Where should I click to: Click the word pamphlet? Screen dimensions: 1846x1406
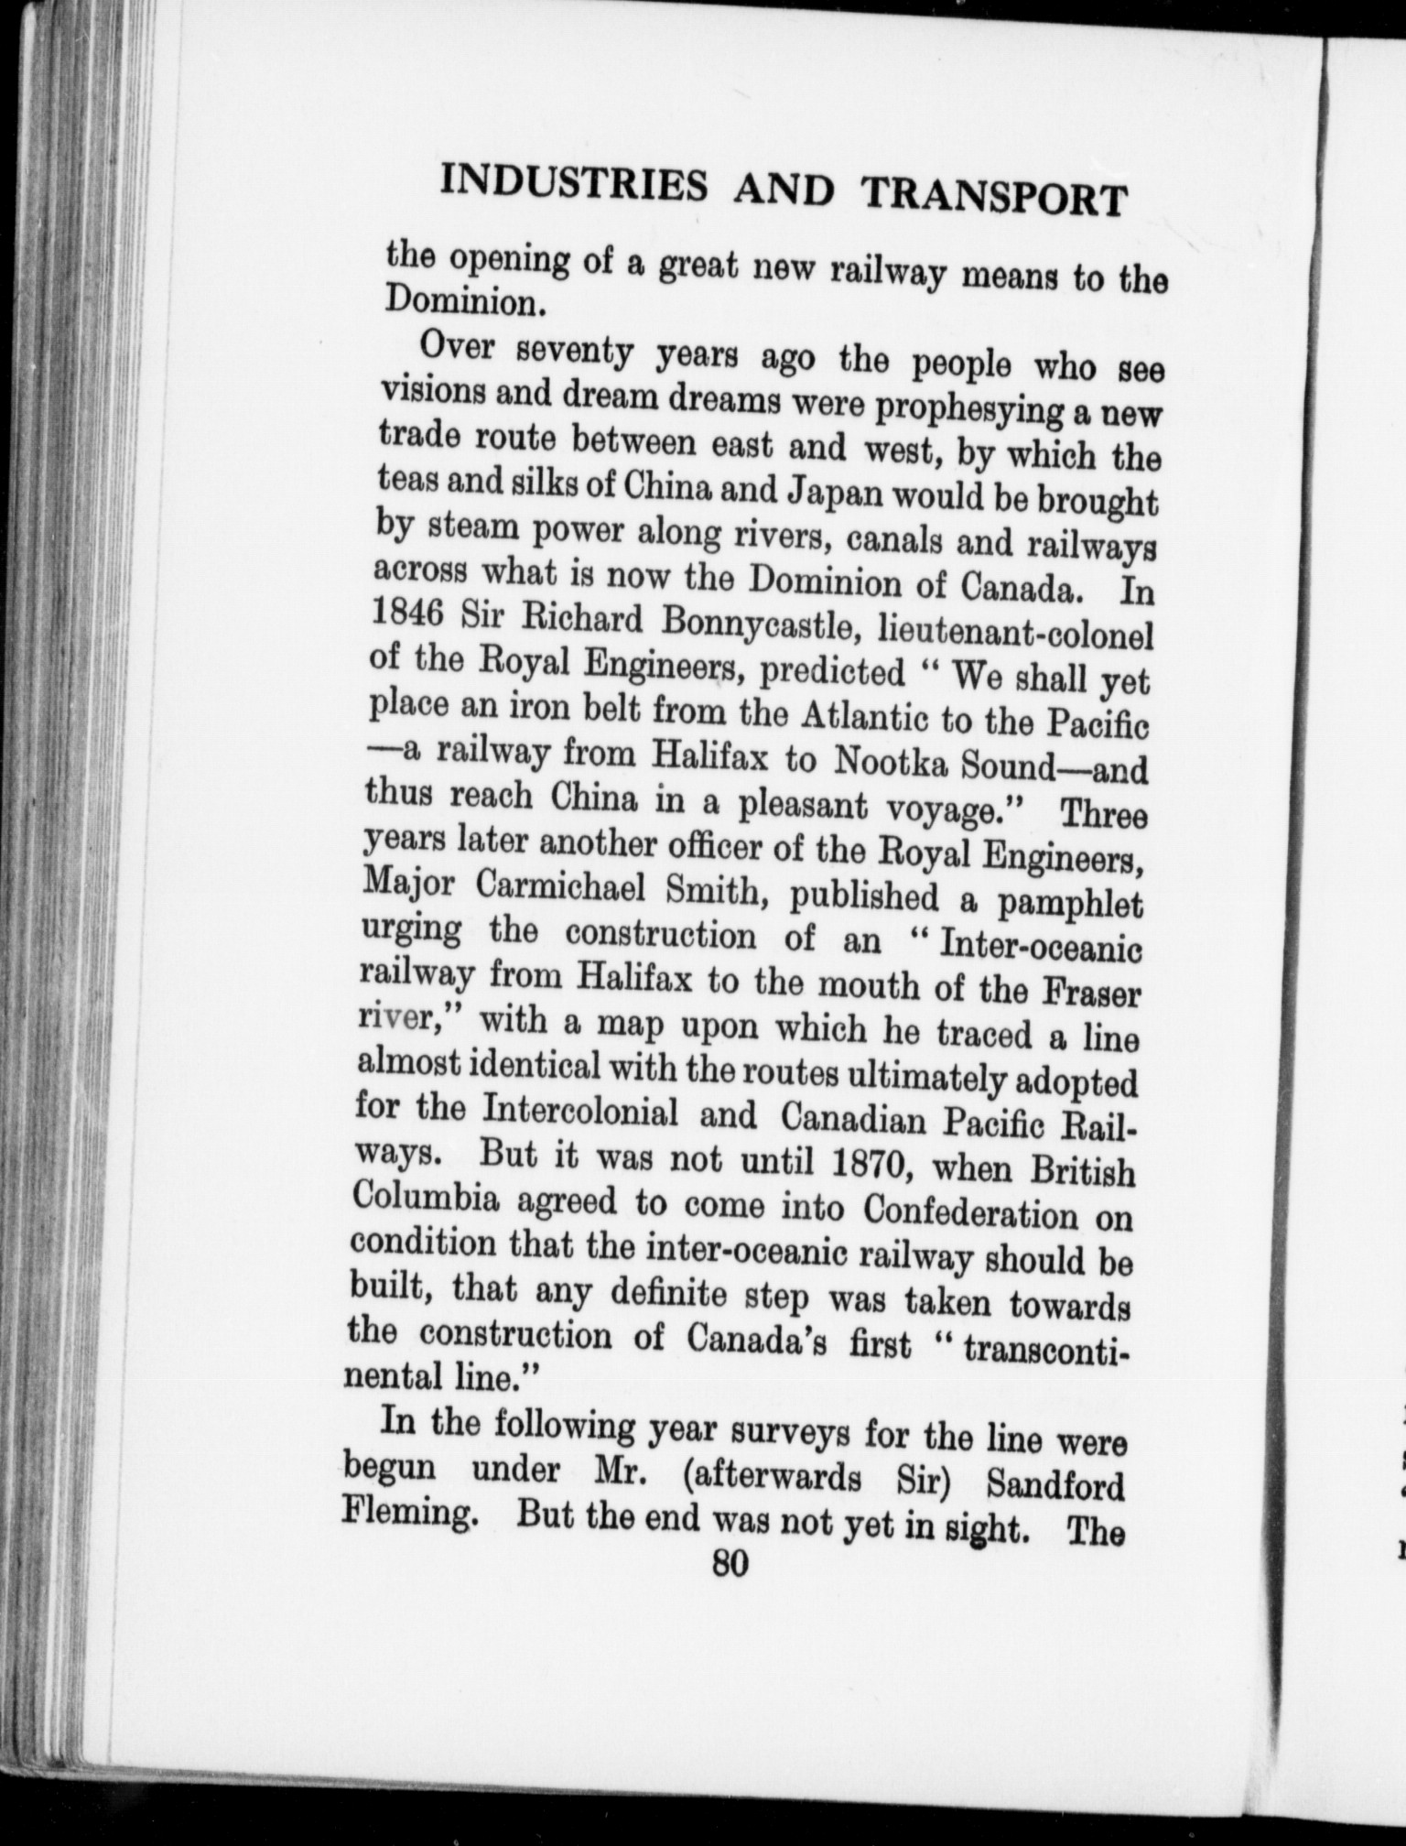[1070, 905]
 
